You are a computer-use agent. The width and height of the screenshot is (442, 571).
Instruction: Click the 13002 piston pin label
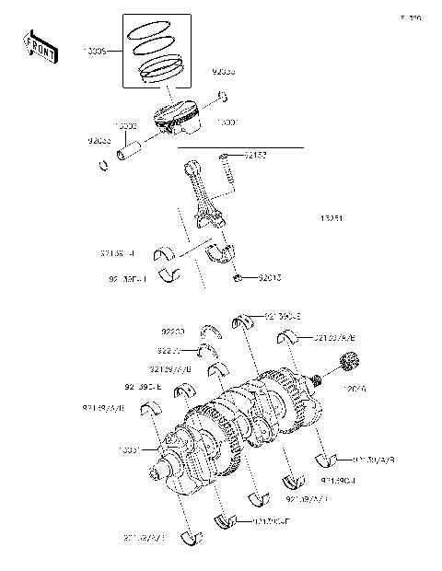click(x=126, y=124)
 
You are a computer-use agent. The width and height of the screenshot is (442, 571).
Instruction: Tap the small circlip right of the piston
click(x=224, y=96)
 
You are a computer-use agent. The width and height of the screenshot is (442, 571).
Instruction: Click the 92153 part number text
click(x=255, y=157)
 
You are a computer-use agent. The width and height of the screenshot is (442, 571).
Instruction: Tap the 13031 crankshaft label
click(x=129, y=450)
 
